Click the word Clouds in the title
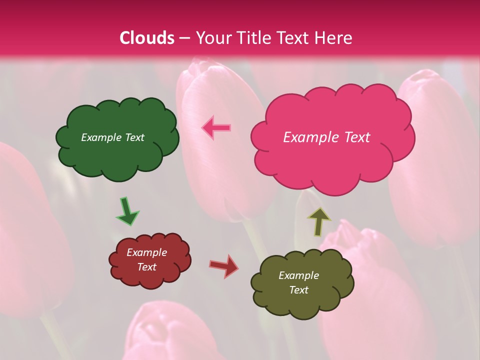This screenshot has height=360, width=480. click(x=147, y=38)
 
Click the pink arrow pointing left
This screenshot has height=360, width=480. click(x=216, y=127)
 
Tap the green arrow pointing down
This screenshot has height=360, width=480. click(x=127, y=210)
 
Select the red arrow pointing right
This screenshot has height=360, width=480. click(x=224, y=265)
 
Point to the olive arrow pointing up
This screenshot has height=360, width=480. click(x=318, y=221)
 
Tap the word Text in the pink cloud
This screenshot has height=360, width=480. click(x=357, y=137)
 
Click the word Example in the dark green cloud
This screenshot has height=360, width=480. click(x=101, y=137)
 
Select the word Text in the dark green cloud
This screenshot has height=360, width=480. click(x=134, y=137)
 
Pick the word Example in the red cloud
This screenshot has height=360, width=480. click(x=146, y=252)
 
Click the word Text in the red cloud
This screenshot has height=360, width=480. click(x=146, y=267)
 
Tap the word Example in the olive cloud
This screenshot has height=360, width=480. click(x=298, y=275)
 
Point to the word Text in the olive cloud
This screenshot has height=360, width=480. click(x=298, y=290)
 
